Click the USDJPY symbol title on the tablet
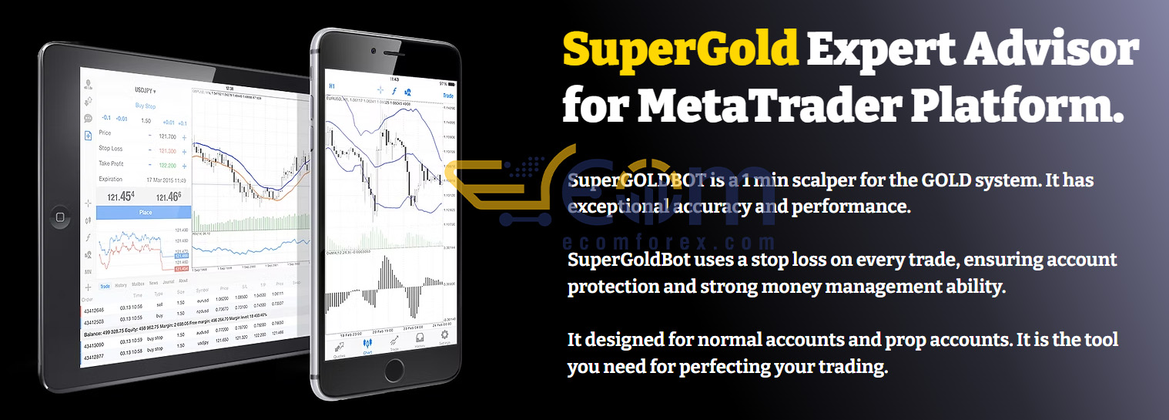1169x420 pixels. click(x=144, y=90)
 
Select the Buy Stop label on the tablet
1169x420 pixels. click(x=146, y=106)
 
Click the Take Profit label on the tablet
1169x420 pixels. click(x=111, y=164)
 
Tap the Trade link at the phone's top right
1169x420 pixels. click(x=447, y=96)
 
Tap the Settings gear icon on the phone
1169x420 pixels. click(x=444, y=339)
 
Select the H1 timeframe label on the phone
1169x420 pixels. click(x=332, y=86)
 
